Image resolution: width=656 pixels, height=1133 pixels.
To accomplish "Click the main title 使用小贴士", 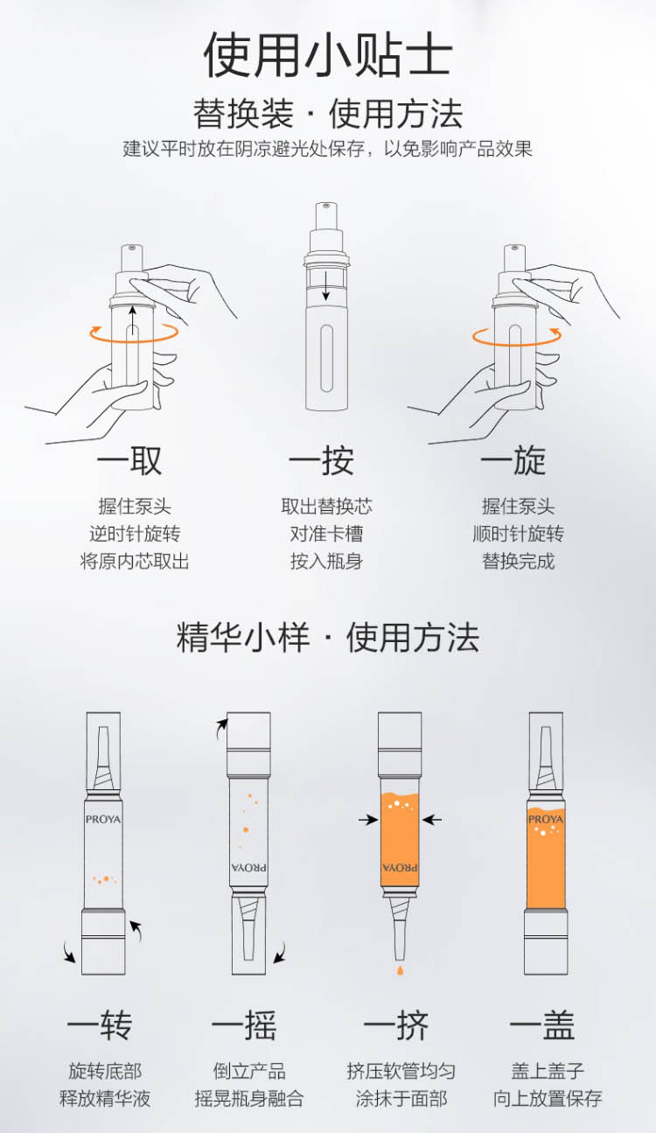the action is [x=328, y=54].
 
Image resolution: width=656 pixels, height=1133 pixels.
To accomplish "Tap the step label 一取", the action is [x=130, y=460].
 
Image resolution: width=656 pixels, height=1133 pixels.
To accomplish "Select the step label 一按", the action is [x=322, y=460].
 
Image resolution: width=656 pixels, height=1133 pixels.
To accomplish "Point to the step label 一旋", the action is [x=513, y=460].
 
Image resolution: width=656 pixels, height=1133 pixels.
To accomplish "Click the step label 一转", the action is [x=100, y=1025].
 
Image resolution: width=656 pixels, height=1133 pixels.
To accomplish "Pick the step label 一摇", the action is [x=245, y=1025].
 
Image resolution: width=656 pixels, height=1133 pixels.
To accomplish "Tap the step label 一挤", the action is [x=396, y=1025].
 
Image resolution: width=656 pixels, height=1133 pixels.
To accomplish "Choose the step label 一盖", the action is [x=542, y=1025].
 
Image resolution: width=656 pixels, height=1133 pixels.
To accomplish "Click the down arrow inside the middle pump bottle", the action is [x=326, y=286].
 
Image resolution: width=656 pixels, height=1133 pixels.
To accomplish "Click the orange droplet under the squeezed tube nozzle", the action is [x=400, y=969].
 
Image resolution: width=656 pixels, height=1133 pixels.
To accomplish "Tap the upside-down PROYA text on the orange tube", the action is [x=400, y=867].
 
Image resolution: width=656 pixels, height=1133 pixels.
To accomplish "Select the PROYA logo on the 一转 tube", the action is [x=103, y=820].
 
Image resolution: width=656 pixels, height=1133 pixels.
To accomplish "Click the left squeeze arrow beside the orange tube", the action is [x=368, y=820].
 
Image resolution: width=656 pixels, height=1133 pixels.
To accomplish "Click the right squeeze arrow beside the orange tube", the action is [x=432, y=820].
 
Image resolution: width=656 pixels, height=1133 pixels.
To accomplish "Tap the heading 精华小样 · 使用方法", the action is [x=328, y=637].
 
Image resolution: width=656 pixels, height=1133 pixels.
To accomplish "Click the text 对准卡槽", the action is [x=327, y=534].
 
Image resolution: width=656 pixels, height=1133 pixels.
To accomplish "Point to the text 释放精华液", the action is [x=105, y=1098].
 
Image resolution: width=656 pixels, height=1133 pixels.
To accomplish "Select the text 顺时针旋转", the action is [x=519, y=534].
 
